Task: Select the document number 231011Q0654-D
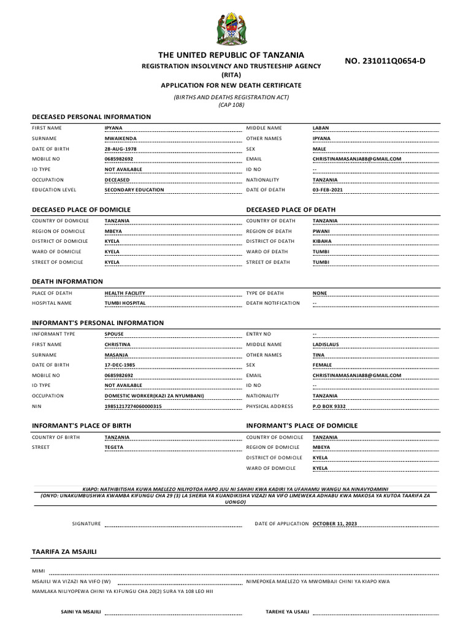click(x=385, y=61)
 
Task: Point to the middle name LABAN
click(x=321, y=128)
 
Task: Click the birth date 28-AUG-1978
click(x=121, y=149)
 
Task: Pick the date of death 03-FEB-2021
click(x=328, y=190)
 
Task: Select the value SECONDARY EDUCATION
click(x=134, y=190)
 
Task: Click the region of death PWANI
click(x=321, y=231)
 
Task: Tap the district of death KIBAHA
click(x=322, y=242)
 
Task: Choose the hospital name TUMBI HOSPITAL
click(x=125, y=303)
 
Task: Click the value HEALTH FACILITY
click(x=125, y=293)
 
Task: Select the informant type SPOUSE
click(x=114, y=334)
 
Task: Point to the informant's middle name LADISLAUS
click(x=326, y=345)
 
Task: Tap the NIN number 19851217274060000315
click(x=133, y=406)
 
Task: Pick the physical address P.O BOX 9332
click(x=329, y=406)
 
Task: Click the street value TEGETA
click(x=114, y=447)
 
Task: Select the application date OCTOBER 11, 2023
click(x=335, y=524)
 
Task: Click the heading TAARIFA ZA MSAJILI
click(x=64, y=551)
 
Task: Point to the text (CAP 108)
click(x=231, y=105)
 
